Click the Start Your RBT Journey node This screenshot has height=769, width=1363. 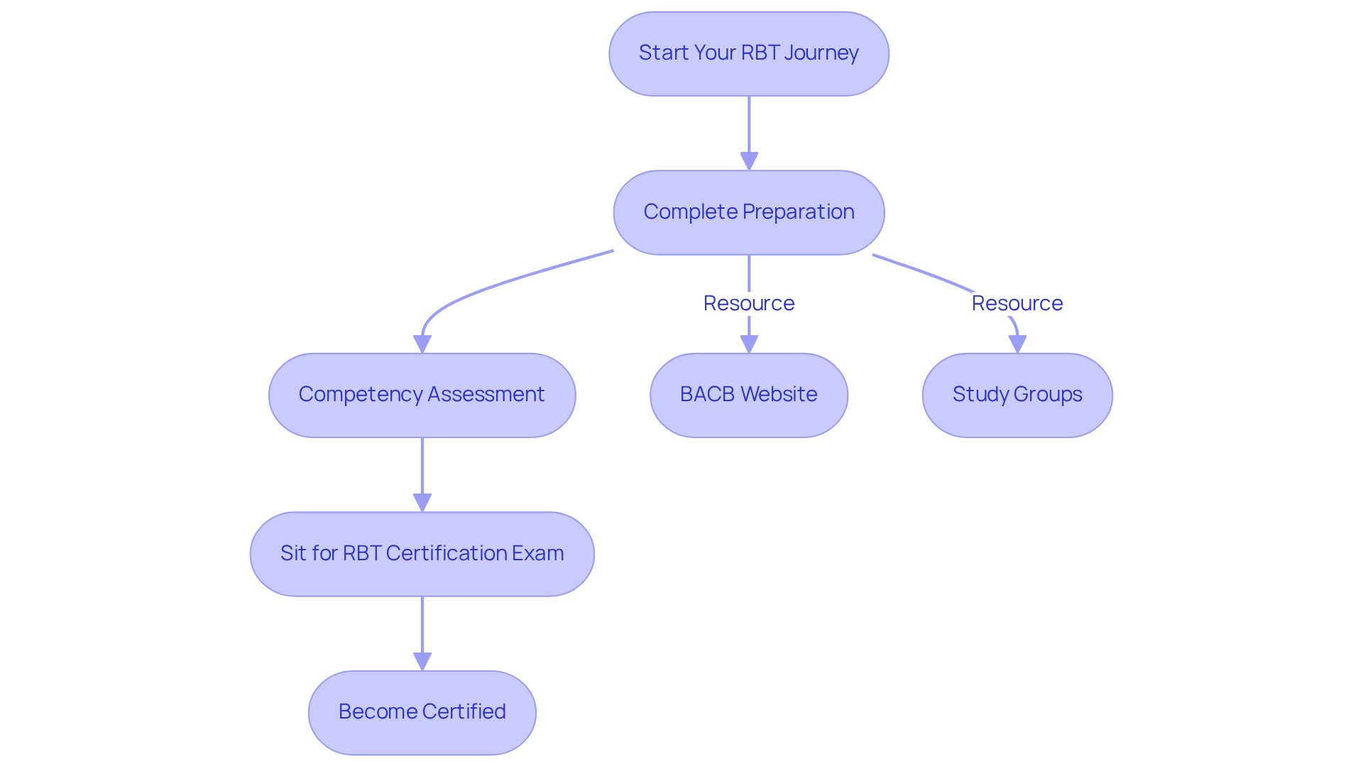click(x=748, y=53)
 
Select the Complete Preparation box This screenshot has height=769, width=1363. click(x=748, y=212)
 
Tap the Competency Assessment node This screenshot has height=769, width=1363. click(x=422, y=395)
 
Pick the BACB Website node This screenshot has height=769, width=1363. click(x=748, y=395)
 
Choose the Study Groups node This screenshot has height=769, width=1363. click(x=1017, y=395)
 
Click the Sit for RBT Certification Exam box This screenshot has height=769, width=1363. click(x=422, y=553)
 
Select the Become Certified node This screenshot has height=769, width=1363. click(x=422, y=711)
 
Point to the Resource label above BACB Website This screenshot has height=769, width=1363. click(x=748, y=303)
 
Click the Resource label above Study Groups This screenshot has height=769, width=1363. click(x=1017, y=303)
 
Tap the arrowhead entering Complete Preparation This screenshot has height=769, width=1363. click(x=749, y=161)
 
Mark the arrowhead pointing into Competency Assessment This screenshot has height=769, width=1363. click(x=422, y=344)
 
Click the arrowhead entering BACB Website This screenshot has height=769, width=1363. click(x=749, y=344)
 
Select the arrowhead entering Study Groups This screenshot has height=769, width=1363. click(x=1017, y=344)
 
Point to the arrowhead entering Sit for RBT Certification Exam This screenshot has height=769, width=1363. click(x=422, y=503)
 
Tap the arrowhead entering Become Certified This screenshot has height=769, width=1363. click(x=422, y=661)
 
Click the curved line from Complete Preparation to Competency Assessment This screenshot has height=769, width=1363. click(x=497, y=284)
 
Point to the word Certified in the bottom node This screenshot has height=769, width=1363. click(x=464, y=711)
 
